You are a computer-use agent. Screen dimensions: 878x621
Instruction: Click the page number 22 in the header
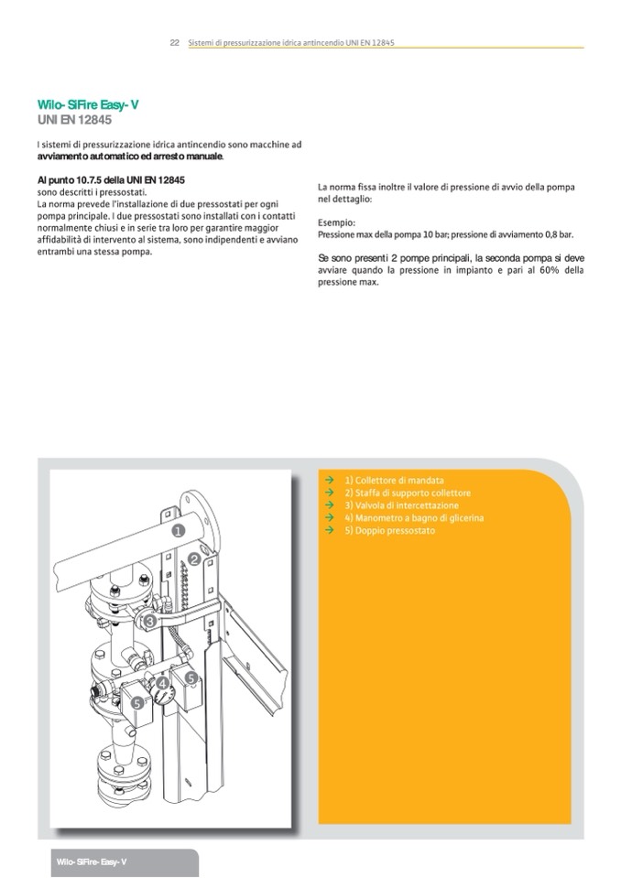click(174, 42)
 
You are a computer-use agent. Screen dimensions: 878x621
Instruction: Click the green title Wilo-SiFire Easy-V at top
click(88, 105)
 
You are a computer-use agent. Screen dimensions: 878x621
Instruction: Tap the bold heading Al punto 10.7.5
click(112, 180)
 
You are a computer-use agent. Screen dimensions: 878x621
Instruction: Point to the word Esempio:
click(336, 222)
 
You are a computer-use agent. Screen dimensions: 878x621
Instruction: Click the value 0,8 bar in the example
click(558, 234)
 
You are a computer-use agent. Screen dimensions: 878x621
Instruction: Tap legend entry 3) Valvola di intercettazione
click(401, 505)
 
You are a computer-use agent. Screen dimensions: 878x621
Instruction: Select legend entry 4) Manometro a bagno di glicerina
click(414, 518)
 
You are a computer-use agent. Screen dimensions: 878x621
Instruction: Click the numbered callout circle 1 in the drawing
click(178, 529)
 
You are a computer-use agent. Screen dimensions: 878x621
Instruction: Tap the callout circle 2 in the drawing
click(194, 558)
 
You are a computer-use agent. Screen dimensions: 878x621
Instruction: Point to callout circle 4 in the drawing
click(161, 683)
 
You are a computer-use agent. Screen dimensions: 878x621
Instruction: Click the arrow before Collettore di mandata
click(329, 481)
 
